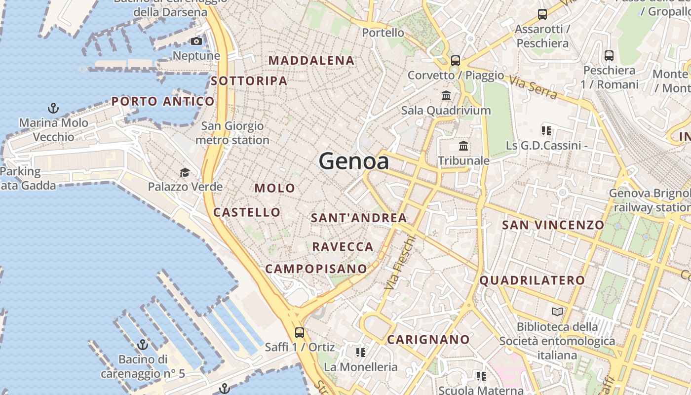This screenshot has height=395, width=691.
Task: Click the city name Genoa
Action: [353, 161]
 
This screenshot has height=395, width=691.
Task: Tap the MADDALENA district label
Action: [311, 61]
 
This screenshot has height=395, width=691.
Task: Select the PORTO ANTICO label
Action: [163, 102]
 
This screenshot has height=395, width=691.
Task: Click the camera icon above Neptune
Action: [196, 41]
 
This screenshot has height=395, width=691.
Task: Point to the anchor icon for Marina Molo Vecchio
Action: [53, 108]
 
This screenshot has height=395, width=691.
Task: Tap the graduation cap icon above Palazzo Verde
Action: [185, 172]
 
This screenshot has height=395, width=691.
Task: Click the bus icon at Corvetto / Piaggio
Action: [455, 61]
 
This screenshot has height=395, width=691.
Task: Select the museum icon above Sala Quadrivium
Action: [446, 95]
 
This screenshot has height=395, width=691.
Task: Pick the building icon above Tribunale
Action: [463, 146]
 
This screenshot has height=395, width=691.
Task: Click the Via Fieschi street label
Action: [400, 263]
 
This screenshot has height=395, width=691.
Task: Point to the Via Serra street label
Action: [533, 87]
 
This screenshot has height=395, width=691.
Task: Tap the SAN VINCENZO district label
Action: [553, 225]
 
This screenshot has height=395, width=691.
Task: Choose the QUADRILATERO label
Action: [532, 280]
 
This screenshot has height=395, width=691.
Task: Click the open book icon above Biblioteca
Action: [557, 312]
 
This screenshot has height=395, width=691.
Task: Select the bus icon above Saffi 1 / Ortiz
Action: [299, 332]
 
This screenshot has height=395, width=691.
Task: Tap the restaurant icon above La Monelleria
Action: [360, 352]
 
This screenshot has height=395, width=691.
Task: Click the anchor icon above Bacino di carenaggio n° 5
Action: [143, 344]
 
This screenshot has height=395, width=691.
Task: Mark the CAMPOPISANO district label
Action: [316, 269]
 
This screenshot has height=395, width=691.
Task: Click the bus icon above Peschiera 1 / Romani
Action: [609, 56]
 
